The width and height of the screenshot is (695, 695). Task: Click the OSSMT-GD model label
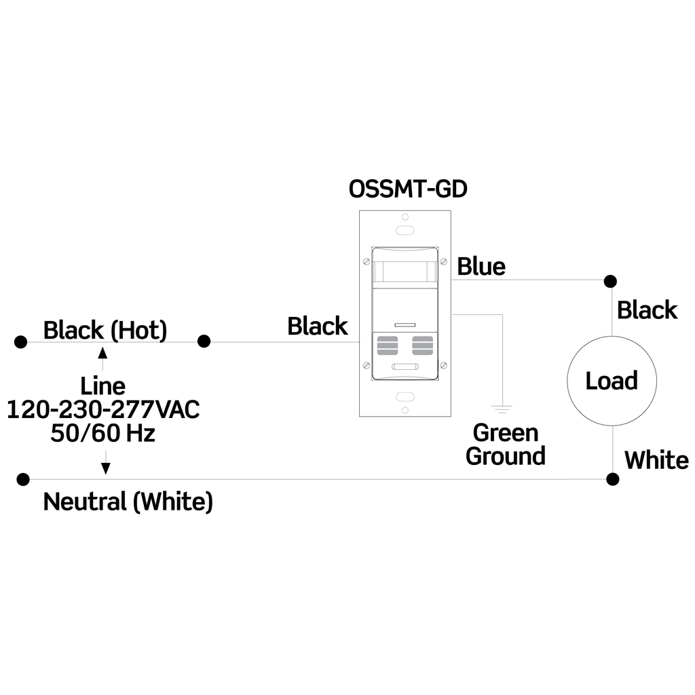(408, 188)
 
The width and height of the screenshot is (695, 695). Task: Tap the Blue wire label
(481, 267)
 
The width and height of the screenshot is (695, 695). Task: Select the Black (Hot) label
(105, 331)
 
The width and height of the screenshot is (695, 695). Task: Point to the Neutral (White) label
(128, 502)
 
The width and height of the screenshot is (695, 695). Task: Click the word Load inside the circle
(612, 381)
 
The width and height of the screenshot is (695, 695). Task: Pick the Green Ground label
(506, 444)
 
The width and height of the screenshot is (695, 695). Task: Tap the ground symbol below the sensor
(502, 409)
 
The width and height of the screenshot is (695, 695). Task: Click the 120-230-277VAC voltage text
(103, 410)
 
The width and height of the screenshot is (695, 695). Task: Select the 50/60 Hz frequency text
(103, 433)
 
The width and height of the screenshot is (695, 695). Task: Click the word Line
(103, 386)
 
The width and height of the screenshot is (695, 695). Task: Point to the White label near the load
(656, 460)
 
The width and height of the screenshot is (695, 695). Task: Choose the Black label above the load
(647, 310)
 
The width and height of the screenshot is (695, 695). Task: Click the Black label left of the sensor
(317, 326)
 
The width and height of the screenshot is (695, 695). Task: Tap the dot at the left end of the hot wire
(21, 341)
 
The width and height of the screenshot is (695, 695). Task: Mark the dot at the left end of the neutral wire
(24, 479)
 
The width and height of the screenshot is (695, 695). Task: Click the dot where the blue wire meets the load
(611, 280)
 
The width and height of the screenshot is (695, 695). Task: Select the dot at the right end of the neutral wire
(613, 479)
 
